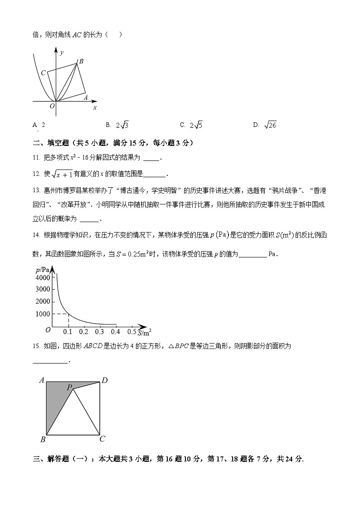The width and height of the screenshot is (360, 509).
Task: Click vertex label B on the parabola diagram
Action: click(x=81, y=61)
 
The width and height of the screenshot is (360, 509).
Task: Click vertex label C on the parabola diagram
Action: click(x=43, y=73)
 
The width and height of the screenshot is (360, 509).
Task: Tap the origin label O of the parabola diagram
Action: click(x=52, y=106)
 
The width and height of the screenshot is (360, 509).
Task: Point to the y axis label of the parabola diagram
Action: click(x=62, y=53)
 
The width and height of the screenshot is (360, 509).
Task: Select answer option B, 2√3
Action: click(x=118, y=126)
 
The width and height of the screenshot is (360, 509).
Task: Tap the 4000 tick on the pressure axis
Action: click(x=42, y=277)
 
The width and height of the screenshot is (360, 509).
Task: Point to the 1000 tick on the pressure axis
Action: click(x=42, y=314)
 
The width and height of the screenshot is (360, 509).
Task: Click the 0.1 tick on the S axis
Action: click(x=68, y=332)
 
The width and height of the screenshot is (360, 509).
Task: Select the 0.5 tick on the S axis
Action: click(x=132, y=332)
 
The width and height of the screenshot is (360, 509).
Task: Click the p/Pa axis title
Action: click(x=42, y=270)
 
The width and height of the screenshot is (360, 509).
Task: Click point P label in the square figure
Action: click(x=69, y=387)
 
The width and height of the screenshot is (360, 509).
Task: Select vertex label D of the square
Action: click(x=104, y=380)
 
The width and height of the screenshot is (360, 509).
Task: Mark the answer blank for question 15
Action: click(x=50, y=361)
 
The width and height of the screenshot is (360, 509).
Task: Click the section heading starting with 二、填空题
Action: click(x=113, y=143)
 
